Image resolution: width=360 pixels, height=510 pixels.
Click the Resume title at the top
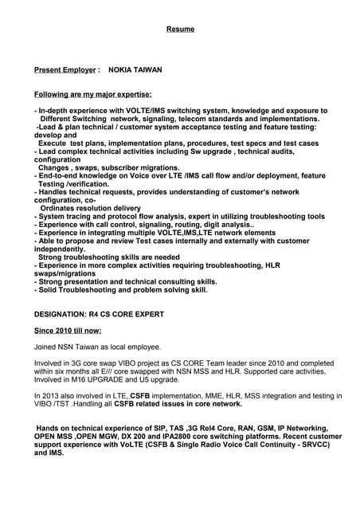pyautogui.click(x=180, y=29)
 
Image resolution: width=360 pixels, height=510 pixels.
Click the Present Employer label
pyautogui.click(x=65, y=70)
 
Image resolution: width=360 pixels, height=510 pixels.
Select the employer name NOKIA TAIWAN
pyautogui.click(x=135, y=70)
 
